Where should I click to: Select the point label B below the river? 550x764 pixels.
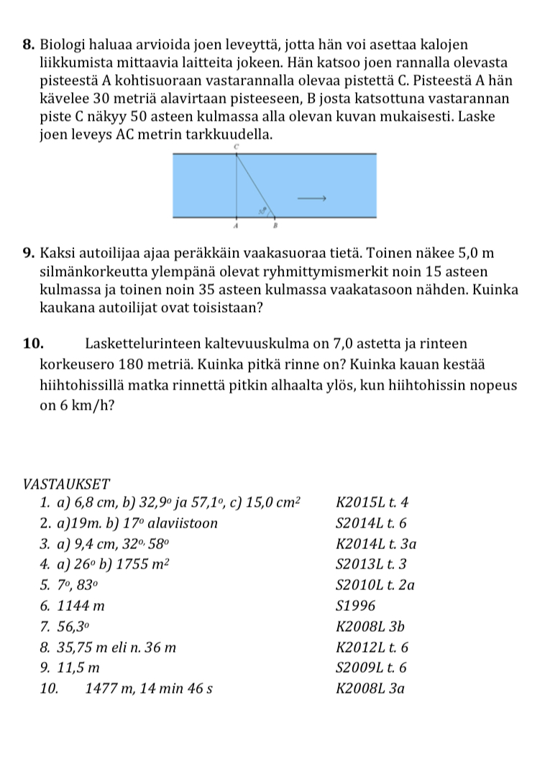click(x=274, y=225)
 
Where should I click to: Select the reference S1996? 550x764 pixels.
click(x=355, y=606)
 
